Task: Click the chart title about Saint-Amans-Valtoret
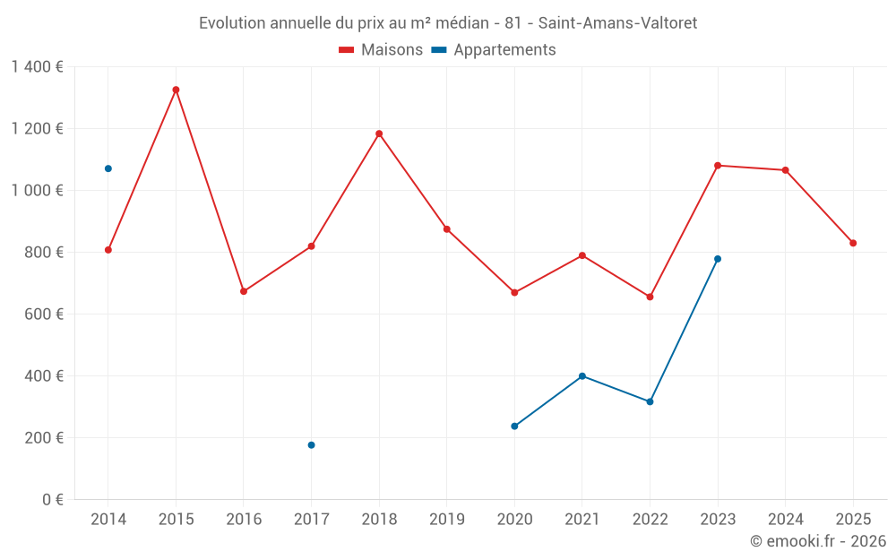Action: click(x=448, y=22)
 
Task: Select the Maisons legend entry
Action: click(x=381, y=50)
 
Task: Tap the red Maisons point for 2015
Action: click(x=176, y=90)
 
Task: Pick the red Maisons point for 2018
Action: click(x=379, y=134)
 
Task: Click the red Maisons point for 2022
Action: click(x=650, y=297)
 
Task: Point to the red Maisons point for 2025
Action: click(x=853, y=243)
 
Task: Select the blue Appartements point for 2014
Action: click(x=108, y=168)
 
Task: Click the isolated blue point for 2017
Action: click(x=311, y=445)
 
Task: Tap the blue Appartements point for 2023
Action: click(x=718, y=259)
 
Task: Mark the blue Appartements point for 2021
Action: click(x=582, y=376)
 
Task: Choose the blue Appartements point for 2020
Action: click(x=514, y=426)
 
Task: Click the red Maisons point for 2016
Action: click(x=244, y=291)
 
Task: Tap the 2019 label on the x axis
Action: click(x=446, y=520)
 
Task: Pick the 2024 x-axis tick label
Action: click(x=785, y=520)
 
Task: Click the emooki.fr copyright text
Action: click(x=817, y=541)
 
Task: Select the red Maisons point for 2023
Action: click(x=718, y=165)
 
